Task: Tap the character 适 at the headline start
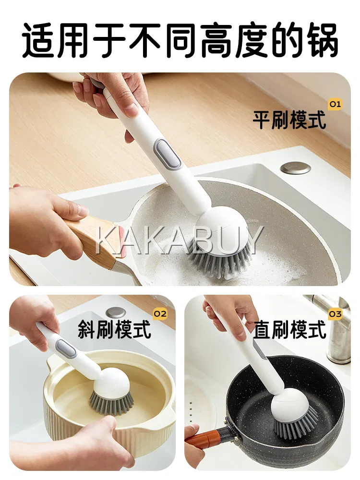(39, 40)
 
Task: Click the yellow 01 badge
(335, 104)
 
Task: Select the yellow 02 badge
(160, 314)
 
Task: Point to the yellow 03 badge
(335, 314)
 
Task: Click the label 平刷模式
(289, 120)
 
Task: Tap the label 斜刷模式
(114, 329)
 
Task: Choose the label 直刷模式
(289, 329)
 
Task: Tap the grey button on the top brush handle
(168, 153)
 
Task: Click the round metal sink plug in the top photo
(296, 168)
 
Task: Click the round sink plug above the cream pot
(116, 312)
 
